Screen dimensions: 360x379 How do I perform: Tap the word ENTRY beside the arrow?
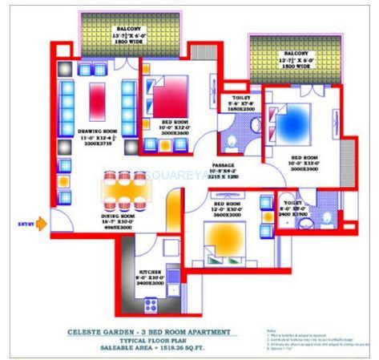[26, 224]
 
